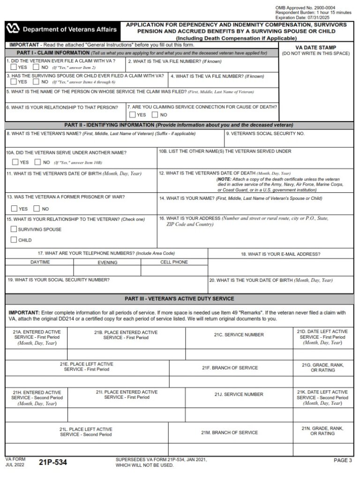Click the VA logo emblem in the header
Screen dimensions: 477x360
[13, 30]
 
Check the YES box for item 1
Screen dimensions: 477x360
[14, 67]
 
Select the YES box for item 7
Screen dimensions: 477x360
[132, 114]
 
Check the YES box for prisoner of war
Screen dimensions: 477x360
[14, 209]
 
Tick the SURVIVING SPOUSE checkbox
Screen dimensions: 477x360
[13, 229]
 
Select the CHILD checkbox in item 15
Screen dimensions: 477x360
[13, 240]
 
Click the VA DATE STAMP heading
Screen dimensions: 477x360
[315, 47]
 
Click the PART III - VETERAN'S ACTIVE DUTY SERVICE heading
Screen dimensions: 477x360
[180, 298]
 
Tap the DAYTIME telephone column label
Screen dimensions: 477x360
[40, 262]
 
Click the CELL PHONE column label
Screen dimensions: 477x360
[174, 262]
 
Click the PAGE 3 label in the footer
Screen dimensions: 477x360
[343, 461]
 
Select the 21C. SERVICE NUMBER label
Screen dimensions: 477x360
[239, 335]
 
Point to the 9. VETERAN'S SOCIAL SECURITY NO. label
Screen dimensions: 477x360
[265, 134]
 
